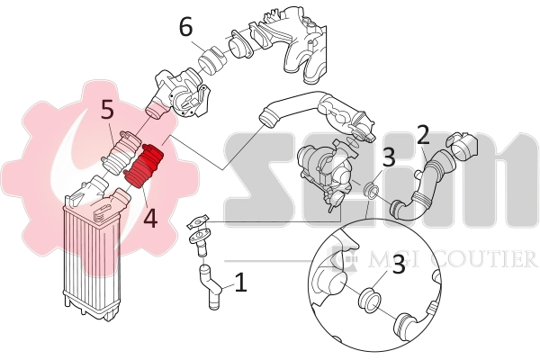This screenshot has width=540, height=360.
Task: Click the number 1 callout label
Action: click(x=240, y=283)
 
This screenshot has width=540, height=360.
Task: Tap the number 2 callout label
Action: click(x=423, y=136)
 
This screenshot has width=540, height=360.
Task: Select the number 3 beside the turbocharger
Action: click(x=389, y=157)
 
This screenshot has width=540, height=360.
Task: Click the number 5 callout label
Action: click(x=107, y=111)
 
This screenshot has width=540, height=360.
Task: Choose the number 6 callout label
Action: click(x=185, y=27)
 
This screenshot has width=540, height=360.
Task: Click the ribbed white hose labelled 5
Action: click(x=120, y=151)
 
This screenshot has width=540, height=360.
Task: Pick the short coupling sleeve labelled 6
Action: click(x=211, y=60)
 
